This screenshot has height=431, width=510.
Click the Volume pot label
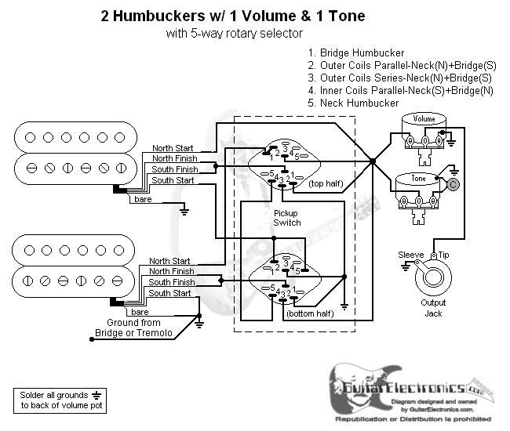pyautogui.click(x=424, y=118)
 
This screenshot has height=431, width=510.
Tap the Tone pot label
pyautogui.click(x=420, y=179)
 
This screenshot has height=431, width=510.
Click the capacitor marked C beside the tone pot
pyautogui.click(x=453, y=185)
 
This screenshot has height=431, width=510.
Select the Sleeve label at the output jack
pyautogui.click(x=410, y=255)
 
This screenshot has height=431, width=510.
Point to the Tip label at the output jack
pyautogui.click(x=443, y=255)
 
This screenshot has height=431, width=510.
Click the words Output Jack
pyautogui.click(x=432, y=308)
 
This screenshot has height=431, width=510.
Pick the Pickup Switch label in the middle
pyautogui.click(x=286, y=217)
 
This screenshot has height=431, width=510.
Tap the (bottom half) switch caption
pyautogui.click(x=310, y=313)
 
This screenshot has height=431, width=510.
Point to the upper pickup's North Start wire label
pyautogui.click(x=174, y=148)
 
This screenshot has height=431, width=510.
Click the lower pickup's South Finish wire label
pyautogui.click(x=172, y=282)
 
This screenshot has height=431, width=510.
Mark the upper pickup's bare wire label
pyautogui.click(x=144, y=200)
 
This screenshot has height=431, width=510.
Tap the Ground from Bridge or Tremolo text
pyautogui.click(x=133, y=328)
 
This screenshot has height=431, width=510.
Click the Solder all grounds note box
pyautogui.click(x=59, y=400)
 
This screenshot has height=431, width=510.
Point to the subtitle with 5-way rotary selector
pyautogui.click(x=235, y=34)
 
